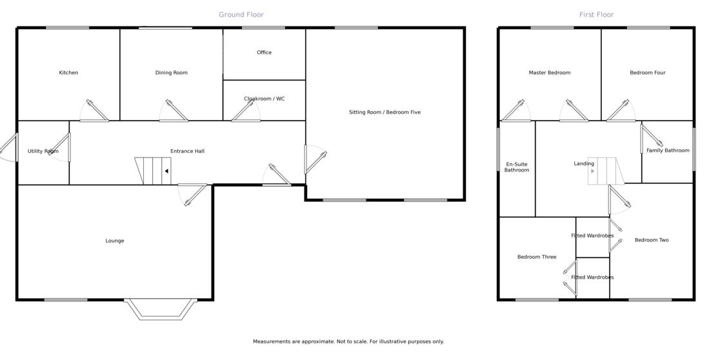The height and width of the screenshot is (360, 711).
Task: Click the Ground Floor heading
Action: tap(241, 15)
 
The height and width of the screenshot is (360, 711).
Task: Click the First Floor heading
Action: tap(596, 15)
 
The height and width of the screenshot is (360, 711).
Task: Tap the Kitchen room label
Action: tap(68, 73)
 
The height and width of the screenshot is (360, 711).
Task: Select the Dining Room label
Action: tap(172, 73)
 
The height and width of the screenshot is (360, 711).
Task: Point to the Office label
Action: tap(264, 53)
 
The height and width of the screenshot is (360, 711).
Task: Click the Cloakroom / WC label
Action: tap(264, 99)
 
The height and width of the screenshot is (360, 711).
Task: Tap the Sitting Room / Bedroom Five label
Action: tap(385, 112)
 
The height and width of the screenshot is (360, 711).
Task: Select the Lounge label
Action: tap(115, 241)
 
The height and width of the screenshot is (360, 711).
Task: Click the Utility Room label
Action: tap(43, 152)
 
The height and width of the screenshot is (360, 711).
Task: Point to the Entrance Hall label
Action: tap(187, 152)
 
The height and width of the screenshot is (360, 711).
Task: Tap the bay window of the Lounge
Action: tap(161, 310)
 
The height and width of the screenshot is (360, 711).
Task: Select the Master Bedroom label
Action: tap(549, 73)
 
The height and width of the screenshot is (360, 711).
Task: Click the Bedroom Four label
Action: tap(647, 73)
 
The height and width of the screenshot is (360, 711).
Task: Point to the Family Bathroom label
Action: tap(668, 151)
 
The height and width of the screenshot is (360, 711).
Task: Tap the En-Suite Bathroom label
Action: tap(516, 167)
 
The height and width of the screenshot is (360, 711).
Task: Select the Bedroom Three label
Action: tap(536, 257)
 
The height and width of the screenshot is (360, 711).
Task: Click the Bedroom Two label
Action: tap(651, 241)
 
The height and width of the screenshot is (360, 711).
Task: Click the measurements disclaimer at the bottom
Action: tap(348, 342)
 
